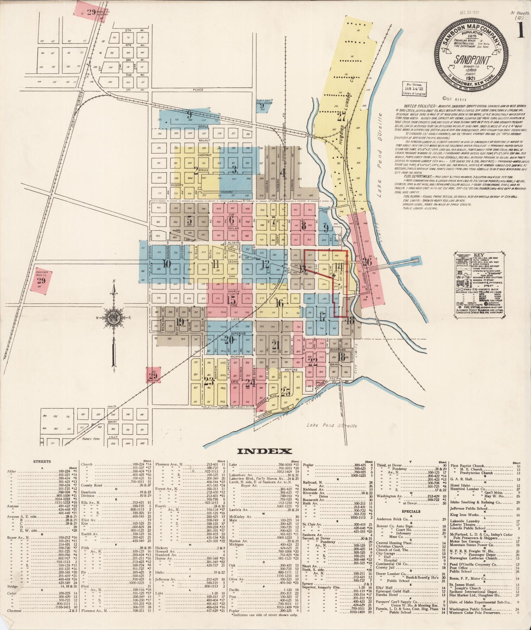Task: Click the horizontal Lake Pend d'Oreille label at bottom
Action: coord(332,425)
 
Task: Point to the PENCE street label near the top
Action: coord(198,90)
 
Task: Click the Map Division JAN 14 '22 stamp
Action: coord(414,89)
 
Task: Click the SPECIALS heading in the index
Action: coord(411,511)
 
